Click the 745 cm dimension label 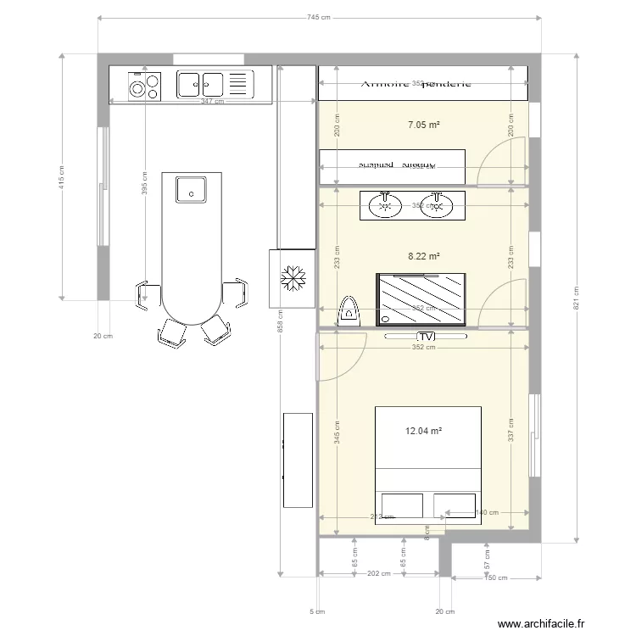pos(319,17)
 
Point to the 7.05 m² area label pos(423,125)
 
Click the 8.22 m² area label pos(423,255)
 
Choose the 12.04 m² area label pos(423,431)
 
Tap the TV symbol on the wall pos(427,337)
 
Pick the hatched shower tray pos(421,298)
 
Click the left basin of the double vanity pos(385,204)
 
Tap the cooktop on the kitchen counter pos(145,85)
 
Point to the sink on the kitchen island pos(192,189)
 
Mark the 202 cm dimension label pos(379,574)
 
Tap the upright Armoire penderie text pos(416,83)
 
